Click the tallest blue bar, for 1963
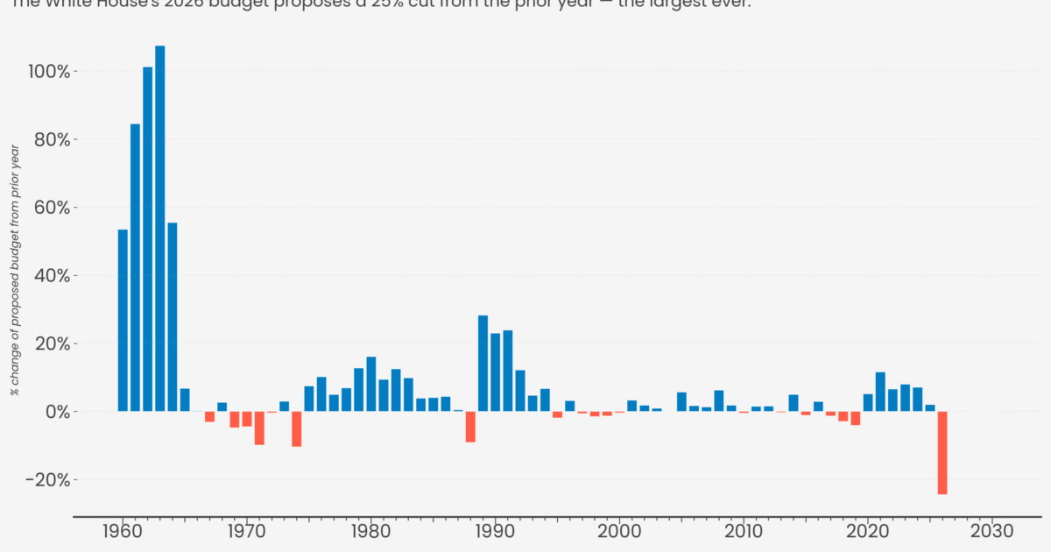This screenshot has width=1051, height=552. point(160,228)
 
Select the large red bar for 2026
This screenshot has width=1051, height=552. point(942,452)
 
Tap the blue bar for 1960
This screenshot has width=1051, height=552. point(123,320)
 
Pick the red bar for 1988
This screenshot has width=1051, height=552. point(470,427)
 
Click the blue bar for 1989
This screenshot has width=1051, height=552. point(483,363)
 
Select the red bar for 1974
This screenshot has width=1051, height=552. point(297,428)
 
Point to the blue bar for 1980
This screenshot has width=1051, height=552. point(371,384)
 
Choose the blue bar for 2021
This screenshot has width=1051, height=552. point(880,392)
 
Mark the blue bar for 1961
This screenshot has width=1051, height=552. point(136,267)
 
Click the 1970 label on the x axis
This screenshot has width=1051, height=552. point(247,532)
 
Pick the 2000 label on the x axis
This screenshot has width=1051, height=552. point(619,532)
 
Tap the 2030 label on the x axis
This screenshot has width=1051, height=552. point(992,532)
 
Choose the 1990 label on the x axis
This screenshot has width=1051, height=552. point(495,532)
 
